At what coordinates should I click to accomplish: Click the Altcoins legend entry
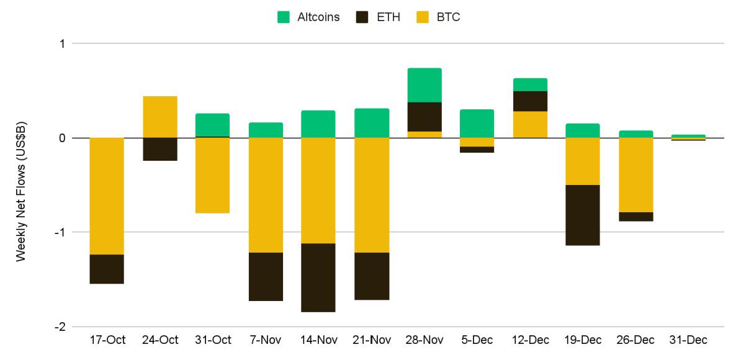point(308,17)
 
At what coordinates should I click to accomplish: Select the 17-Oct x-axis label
point(107,340)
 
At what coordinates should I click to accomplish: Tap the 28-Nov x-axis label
point(424,340)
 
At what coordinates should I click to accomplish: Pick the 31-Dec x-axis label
point(689,340)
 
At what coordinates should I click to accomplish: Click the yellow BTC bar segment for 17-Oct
point(107,196)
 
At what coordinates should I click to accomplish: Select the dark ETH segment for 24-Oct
point(160,149)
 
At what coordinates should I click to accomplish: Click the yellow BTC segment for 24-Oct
point(160,117)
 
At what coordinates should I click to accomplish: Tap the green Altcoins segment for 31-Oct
point(213,125)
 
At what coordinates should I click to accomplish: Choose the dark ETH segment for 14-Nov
point(318,277)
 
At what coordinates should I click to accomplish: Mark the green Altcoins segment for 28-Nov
point(424,85)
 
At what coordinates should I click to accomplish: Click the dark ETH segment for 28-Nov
point(424,117)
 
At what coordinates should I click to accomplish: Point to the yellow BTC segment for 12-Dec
point(530,124)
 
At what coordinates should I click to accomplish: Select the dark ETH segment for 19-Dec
point(583,215)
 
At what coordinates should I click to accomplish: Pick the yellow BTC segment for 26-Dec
point(636,174)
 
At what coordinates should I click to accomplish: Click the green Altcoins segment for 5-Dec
point(477,124)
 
